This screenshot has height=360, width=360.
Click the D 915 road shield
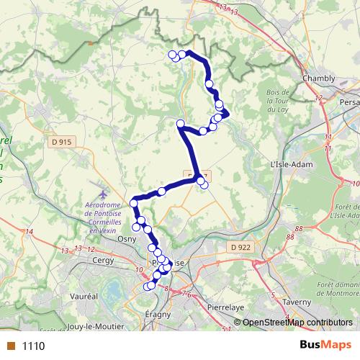pyautogui.click(x=62, y=143)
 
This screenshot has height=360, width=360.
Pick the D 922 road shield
pyautogui.click(x=243, y=248)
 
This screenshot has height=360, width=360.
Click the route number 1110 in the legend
pyautogui.click(x=34, y=346)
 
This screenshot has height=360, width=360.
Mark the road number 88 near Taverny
pyautogui.click(x=291, y=237)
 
